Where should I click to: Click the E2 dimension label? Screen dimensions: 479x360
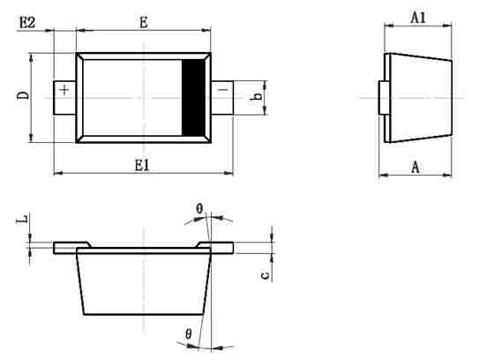tap(27, 22)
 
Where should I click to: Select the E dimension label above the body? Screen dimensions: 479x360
tap(144, 22)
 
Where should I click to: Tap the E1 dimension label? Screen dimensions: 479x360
tap(142, 165)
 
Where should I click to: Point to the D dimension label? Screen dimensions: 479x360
tap(23, 95)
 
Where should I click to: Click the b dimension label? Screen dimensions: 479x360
tap(257, 96)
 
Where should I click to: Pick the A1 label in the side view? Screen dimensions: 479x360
tap(418, 18)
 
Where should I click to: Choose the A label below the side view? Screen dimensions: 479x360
tap(415, 167)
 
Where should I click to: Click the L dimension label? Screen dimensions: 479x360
tap(22, 220)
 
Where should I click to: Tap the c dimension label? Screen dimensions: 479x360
tap(266, 275)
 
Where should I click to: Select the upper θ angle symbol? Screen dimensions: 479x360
tap(199, 209)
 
